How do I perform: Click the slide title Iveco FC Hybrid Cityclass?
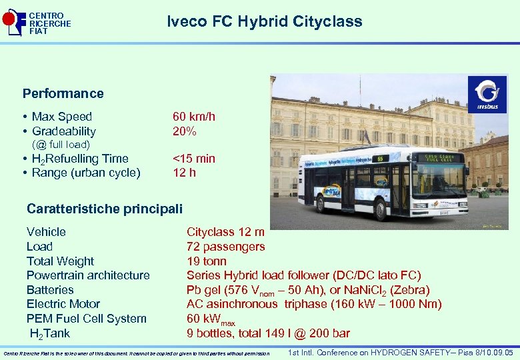coord(264,21)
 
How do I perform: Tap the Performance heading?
coord(63,93)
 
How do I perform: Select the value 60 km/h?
coord(194,117)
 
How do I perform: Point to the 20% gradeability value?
coord(185,131)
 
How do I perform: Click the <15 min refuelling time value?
coord(194,159)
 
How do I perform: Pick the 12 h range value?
coord(184,173)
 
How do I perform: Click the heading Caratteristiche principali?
coord(105,209)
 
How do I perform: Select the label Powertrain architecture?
coord(88,275)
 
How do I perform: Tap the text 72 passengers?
coord(225,247)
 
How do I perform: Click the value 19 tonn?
coord(207,261)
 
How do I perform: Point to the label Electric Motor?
coord(63,304)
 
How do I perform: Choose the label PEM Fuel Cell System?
coord(87,319)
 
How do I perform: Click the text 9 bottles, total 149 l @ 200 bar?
coord(268,333)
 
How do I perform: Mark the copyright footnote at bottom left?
coord(137,353)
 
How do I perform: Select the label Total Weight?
coord(60,261)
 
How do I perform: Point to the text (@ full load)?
coord(61,145)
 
